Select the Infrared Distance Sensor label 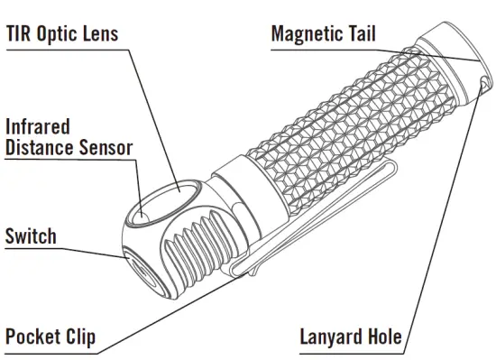click(x=69, y=136)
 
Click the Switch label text click(x=31, y=236)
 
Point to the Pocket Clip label click(x=51, y=337)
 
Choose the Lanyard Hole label click(x=350, y=337)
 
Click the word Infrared click(x=37, y=125)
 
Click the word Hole click(x=381, y=337)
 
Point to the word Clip click(x=78, y=337)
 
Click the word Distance click(x=40, y=147)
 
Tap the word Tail click(x=360, y=35)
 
